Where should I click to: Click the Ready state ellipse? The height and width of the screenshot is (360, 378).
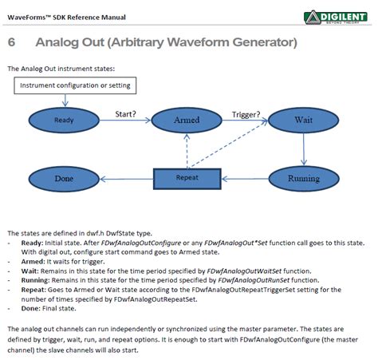tap(64, 121)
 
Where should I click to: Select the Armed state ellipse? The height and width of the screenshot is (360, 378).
tap(187, 121)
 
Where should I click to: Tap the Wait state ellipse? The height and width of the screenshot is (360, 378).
tap(303, 121)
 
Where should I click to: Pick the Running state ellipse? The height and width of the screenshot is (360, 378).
tap(303, 178)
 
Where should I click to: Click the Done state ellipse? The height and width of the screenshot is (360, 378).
tap(64, 178)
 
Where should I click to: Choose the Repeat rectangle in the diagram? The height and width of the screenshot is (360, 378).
tap(187, 178)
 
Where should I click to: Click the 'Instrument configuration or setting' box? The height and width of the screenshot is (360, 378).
tap(75, 85)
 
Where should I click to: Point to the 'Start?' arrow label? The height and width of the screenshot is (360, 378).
tap(130, 113)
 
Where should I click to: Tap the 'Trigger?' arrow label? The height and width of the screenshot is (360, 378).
tap(246, 113)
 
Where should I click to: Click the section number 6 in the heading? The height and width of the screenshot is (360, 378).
tap(12, 42)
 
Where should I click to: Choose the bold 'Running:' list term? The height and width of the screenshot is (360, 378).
tap(36, 280)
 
